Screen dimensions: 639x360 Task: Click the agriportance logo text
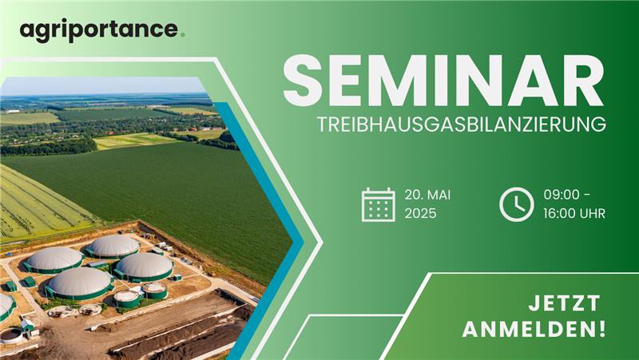(99, 31)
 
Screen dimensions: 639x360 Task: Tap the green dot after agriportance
(182, 35)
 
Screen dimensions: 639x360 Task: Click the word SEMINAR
(443, 81)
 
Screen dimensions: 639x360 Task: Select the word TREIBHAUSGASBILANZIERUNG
(462, 125)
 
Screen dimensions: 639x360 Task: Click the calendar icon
(378, 204)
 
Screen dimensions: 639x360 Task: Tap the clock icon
(516, 204)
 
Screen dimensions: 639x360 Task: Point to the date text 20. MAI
(427, 195)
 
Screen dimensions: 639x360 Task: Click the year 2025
(420, 213)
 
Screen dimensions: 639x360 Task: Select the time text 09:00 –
(567, 195)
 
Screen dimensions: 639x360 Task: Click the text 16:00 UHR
(574, 213)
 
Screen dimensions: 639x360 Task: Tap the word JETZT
(564, 304)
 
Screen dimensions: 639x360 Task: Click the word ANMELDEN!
(534, 330)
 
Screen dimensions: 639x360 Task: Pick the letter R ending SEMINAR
(584, 81)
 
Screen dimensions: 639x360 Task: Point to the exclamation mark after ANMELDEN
(603, 330)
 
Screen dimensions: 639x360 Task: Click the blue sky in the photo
(102, 85)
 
